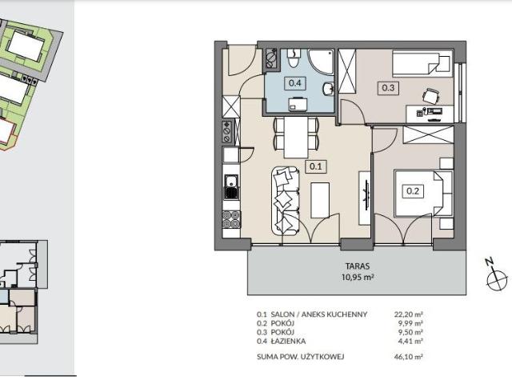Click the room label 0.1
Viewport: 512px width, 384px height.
click(316, 166)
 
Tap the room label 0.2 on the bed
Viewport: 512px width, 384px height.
click(413, 190)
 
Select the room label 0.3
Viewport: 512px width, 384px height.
click(388, 88)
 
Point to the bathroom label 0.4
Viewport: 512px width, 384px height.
click(295, 83)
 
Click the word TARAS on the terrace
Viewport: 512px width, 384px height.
click(358, 266)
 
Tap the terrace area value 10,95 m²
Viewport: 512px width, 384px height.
click(358, 278)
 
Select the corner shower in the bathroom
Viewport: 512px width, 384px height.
click(321, 62)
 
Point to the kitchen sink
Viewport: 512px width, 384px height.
click(231, 186)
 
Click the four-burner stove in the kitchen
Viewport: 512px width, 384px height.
click(231, 219)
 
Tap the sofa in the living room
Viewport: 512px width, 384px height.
click(285, 201)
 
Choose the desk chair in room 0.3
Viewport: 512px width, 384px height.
click(430, 96)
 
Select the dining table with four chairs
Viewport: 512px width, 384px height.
click(296, 137)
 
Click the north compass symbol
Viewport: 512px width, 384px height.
click(497, 276)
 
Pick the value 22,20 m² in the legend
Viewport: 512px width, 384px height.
click(409, 314)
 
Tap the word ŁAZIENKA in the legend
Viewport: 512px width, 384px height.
click(288, 342)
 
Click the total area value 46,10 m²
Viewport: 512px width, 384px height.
click(409, 357)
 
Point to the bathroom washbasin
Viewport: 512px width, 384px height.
click(329, 89)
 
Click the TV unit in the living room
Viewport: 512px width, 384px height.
click(365, 198)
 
